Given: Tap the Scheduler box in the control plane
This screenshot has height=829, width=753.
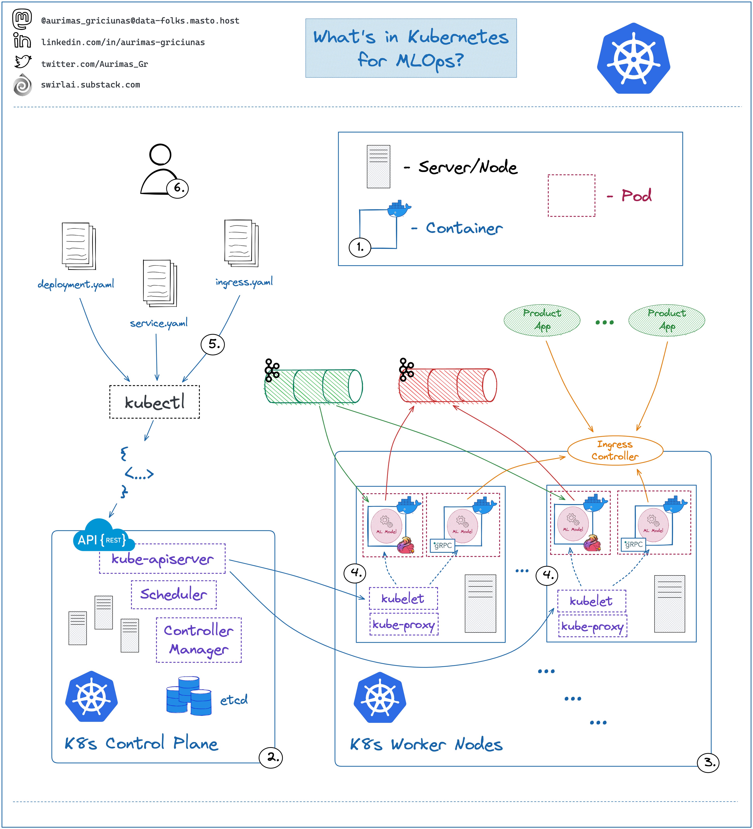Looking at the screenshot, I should point(174,595).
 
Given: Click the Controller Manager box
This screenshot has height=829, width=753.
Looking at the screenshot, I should point(199,640).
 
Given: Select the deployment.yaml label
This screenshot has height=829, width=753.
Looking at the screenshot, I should point(76,284).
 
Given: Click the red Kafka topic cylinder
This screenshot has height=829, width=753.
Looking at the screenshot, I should point(448,385).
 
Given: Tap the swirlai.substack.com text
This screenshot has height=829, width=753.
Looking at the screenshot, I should point(90,85).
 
